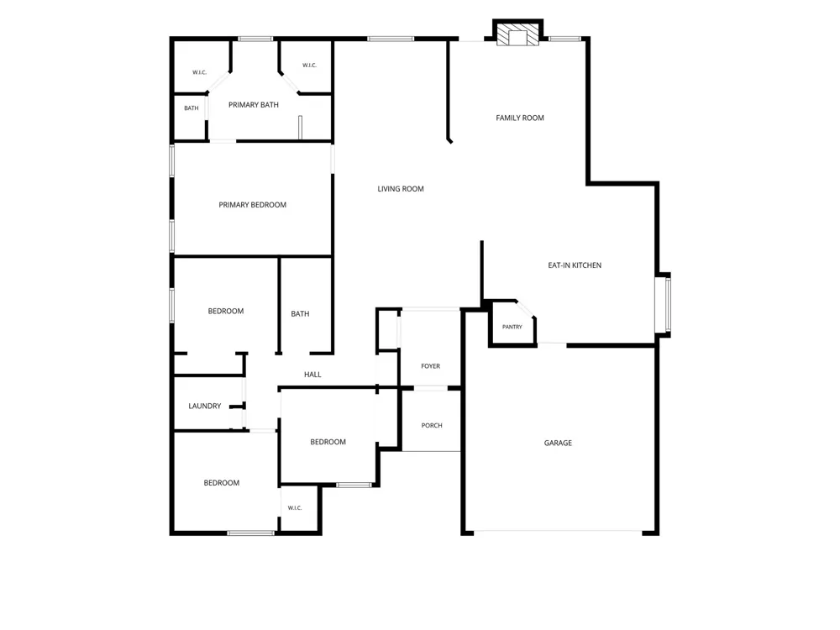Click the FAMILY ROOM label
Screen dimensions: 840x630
tap(520, 118)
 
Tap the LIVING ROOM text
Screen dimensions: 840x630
tap(401, 188)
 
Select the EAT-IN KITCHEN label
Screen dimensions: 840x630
tap(575, 265)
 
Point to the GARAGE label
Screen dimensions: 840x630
tap(558, 443)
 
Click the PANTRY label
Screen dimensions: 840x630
tap(512, 327)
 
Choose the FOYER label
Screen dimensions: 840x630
tap(431, 366)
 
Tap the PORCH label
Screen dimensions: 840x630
tap(432, 425)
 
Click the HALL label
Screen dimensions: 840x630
tap(312, 375)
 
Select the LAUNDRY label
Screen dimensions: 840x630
tap(205, 406)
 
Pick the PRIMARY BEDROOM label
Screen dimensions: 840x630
tap(252, 205)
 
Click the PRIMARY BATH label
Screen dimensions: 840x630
tap(254, 105)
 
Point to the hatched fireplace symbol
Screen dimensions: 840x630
tap(517, 34)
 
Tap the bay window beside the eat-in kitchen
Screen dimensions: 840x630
tap(664, 305)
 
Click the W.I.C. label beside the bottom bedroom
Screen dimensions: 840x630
tap(295, 508)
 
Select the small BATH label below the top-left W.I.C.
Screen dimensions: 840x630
tap(192, 108)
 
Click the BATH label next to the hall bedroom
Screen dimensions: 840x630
tap(300, 314)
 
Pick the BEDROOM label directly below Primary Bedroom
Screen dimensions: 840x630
tap(225, 312)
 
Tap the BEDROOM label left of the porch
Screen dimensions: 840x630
tap(328, 442)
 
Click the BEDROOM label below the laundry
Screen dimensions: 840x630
tap(221, 483)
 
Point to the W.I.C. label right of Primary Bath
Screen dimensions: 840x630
tap(310, 66)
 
